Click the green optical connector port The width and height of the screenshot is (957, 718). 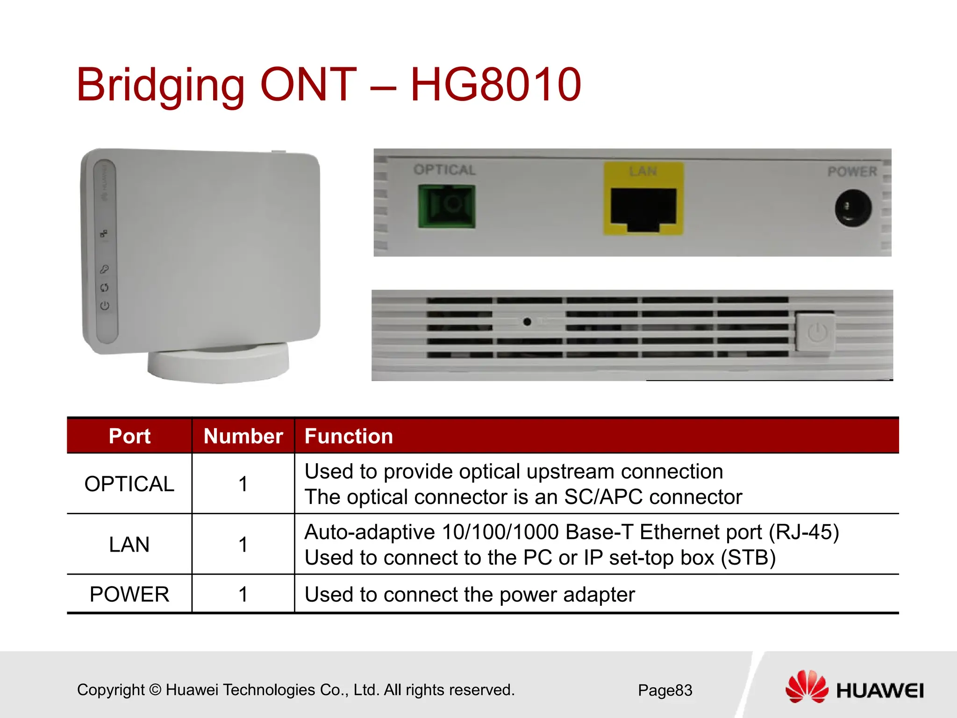[x=447, y=206]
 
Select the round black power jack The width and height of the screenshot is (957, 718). [x=853, y=208]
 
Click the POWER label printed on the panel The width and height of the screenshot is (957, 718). [x=852, y=172]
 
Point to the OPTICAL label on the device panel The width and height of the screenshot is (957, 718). [x=444, y=170]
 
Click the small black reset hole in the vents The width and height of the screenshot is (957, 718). [x=527, y=322]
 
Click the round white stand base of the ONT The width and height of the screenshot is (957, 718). [x=218, y=365]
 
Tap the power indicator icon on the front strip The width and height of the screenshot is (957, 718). [x=105, y=306]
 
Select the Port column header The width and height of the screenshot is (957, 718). [x=129, y=436]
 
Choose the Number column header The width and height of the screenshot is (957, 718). [x=243, y=436]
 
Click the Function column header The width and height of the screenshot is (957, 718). [x=349, y=436]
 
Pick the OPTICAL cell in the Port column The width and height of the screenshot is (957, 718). [x=129, y=484]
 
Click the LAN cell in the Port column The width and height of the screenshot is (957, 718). [x=129, y=545]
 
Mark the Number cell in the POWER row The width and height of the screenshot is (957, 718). [x=243, y=595]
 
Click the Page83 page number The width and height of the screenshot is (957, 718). [x=665, y=690]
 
